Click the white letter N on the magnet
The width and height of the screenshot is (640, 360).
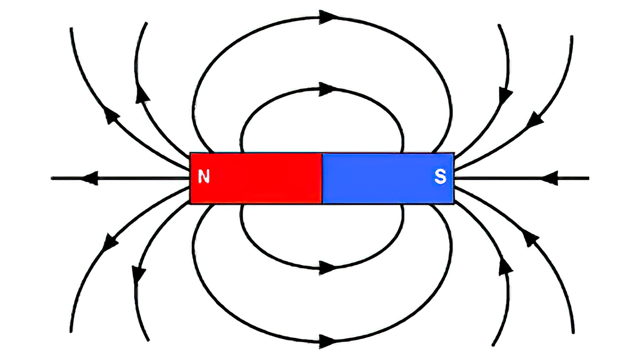tap(204, 176)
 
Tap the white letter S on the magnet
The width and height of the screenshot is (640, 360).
tap(440, 177)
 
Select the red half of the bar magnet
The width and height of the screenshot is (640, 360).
tap(256, 178)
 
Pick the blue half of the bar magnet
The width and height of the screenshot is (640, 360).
tap(388, 178)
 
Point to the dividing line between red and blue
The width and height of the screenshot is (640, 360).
tap(322, 178)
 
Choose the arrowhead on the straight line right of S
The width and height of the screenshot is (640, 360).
tap(549, 178)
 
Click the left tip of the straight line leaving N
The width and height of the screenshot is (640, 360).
tap(51, 178)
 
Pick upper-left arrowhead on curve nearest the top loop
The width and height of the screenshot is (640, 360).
tap(142, 94)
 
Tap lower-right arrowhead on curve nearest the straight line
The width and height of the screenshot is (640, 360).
tap(531, 238)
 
